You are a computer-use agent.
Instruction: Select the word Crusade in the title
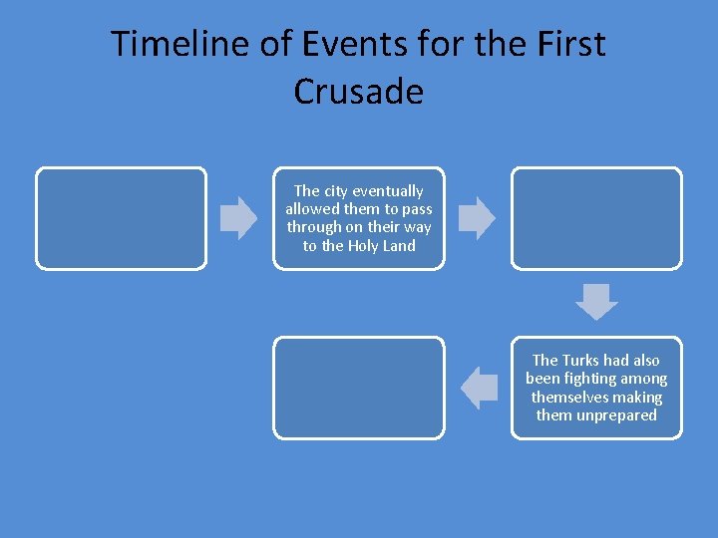[x=359, y=92]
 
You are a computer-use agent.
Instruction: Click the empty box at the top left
[x=121, y=218]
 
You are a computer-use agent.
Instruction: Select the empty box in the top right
[x=596, y=218]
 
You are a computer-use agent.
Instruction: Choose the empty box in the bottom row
[x=359, y=388]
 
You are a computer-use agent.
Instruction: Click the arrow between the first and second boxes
[x=238, y=218]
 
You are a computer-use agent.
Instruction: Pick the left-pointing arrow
[x=481, y=387]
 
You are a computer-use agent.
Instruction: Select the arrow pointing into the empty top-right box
[x=477, y=218]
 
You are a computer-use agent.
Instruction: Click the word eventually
[x=388, y=190]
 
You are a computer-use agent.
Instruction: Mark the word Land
[x=400, y=245]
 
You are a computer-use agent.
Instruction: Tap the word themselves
[x=568, y=397]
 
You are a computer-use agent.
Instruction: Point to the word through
[x=313, y=226]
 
